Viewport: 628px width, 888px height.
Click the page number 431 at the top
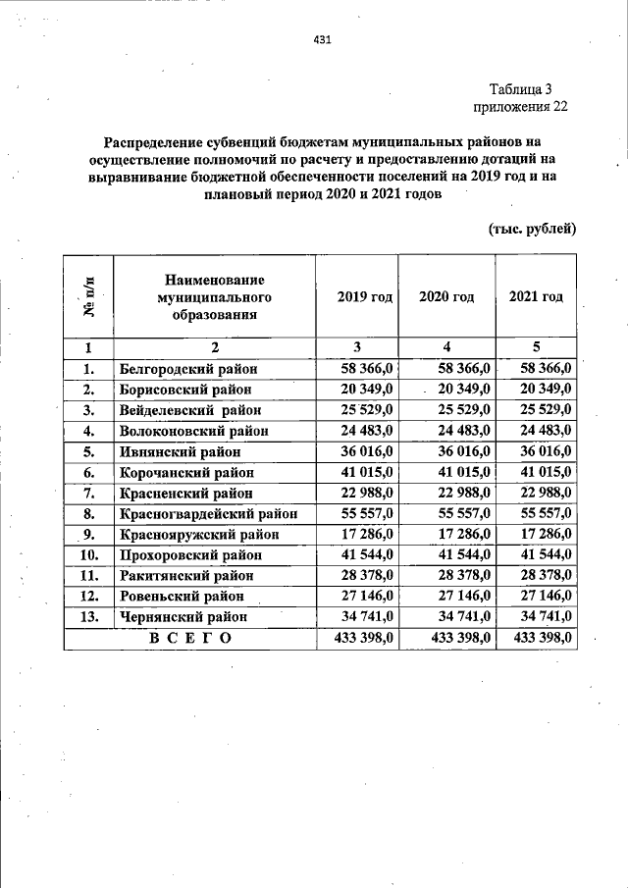(322, 40)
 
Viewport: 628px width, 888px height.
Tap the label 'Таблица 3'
(527, 89)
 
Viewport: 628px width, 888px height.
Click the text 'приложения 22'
(520, 107)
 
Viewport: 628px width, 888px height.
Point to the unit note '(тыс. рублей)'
(531, 229)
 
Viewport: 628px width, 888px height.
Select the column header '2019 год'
(364, 297)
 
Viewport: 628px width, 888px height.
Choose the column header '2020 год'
(446, 297)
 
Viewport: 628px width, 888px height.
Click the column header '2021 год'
(536, 297)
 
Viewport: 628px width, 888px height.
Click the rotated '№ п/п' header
(88, 297)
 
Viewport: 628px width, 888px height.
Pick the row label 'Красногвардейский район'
(208, 513)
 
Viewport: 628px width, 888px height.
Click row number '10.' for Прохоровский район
(88, 555)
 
